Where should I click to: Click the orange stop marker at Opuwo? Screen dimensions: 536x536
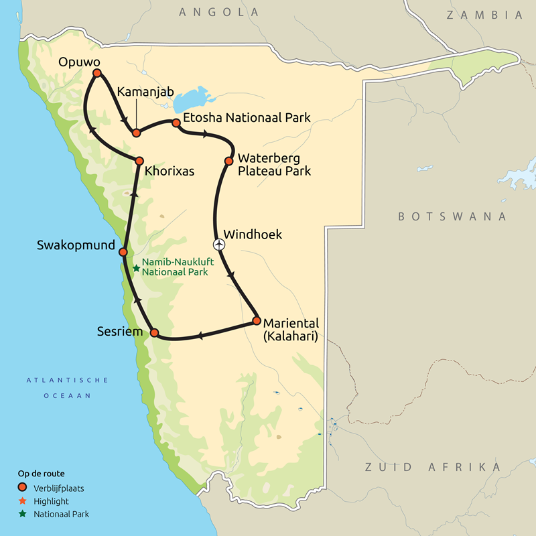tap(96, 73)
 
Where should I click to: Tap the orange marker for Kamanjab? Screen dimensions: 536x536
tap(136, 132)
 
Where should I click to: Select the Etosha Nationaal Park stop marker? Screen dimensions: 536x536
tap(176, 123)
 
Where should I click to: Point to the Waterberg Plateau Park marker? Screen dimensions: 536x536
tap(228, 161)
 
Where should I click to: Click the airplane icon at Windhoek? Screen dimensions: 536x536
tap(218, 245)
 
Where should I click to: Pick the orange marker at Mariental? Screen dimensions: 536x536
tap(256, 321)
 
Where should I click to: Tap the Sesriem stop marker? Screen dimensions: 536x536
tap(154, 333)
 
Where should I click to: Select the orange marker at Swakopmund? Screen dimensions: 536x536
tap(123, 252)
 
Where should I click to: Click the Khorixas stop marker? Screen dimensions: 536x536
tap(139, 161)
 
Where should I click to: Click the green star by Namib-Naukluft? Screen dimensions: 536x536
tap(136, 268)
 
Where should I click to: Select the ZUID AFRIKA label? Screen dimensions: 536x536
tap(421, 466)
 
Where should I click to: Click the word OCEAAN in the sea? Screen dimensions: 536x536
tap(67, 396)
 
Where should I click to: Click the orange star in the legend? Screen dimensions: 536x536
tap(22, 500)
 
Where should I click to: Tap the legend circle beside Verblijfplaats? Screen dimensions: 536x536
tap(22, 487)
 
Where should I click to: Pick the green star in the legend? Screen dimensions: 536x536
tap(22, 515)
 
